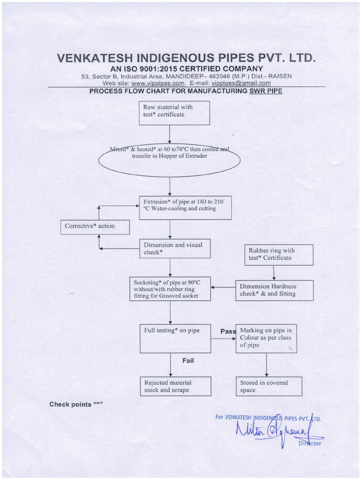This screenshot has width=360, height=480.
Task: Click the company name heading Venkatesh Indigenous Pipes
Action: coord(186,58)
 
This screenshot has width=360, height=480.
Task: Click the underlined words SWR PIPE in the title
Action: coord(266,91)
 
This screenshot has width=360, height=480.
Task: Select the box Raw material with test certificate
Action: coord(174,113)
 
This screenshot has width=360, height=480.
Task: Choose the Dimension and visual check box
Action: coord(174,249)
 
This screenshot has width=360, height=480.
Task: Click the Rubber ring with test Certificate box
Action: coord(279,255)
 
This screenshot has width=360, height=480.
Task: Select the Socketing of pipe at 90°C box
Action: coord(170,289)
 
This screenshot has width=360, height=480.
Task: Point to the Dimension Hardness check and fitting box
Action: coord(267,290)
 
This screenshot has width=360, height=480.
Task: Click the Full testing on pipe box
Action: coord(175,338)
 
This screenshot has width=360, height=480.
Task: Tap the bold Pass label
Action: coord(228,331)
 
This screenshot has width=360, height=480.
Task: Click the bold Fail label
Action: coord(188,360)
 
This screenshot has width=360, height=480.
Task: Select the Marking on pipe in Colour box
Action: coord(266,338)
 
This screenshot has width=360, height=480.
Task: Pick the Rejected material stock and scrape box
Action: coord(175,386)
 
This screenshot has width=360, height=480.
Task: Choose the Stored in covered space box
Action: coord(269,386)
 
